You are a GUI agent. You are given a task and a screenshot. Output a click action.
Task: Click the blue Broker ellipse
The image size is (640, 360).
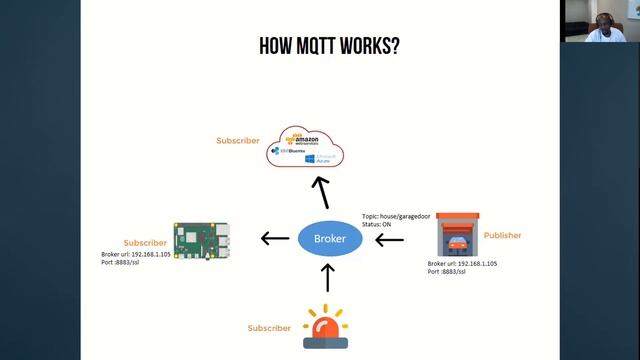pyautogui.click(x=329, y=239)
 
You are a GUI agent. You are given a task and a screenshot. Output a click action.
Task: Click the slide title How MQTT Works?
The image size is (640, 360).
pyautogui.click(x=329, y=46)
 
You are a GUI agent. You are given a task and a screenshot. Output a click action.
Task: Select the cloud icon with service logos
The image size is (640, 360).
pyautogui.click(x=304, y=149)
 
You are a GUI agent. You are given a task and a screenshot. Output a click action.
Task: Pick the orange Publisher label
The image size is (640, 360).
pyautogui.click(x=502, y=236)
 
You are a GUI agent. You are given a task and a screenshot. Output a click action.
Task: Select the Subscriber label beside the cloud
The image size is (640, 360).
pyautogui.click(x=238, y=141)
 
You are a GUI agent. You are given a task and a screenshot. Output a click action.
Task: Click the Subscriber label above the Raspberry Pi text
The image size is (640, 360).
pyautogui.click(x=145, y=243)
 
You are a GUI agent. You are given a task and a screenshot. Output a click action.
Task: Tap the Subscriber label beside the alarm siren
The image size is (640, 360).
pyautogui.click(x=269, y=328)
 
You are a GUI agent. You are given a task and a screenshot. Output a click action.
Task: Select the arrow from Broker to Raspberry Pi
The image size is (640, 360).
pyautogui.click(x=274, y=238)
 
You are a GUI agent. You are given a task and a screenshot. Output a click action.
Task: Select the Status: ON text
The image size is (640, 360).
pyautogui.click(x=381, y=226)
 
